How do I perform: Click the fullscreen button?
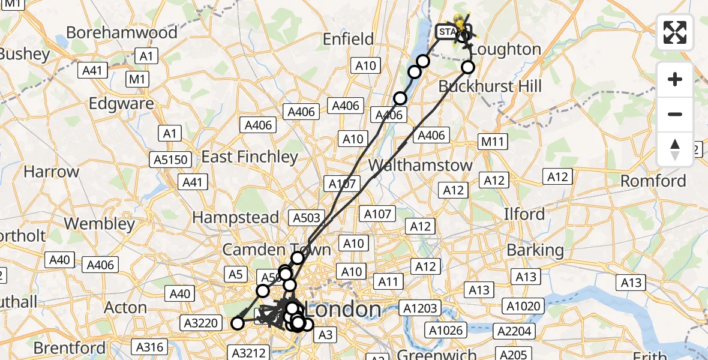[x=675, y=32]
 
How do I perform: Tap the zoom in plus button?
[x=675, y=79]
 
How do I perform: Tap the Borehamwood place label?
[x=122, y=32]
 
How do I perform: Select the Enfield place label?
[x=348, y=39]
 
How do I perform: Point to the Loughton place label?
[x=506, y=49]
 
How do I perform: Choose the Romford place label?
[x=653, y=181]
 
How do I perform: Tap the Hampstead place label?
[x=236, y=217]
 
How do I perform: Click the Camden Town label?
[x=277, y=250]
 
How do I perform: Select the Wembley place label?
[x=99, y=224]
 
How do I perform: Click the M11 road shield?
[x=493, y=142]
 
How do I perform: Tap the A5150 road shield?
[x=171, y=160]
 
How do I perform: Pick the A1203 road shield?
[x=420, y=308]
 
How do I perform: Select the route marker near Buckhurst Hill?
[x=468, y=67]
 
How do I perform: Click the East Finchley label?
[x=250, y=157]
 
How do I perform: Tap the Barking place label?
[x=535, y=250]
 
